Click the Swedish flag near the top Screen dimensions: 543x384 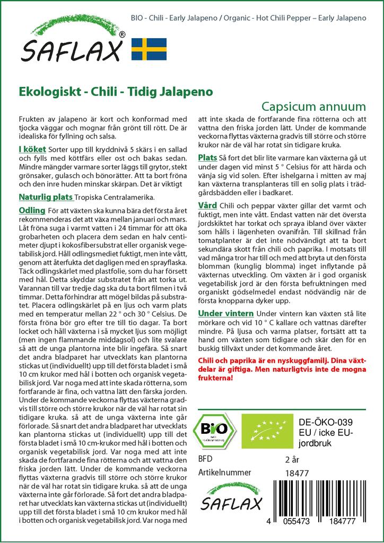click(149, 49)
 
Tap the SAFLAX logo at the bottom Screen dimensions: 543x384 click(232, 500)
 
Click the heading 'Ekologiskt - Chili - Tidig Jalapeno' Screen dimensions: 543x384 click(116, 91)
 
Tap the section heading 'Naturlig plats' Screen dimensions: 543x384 click(45, 197)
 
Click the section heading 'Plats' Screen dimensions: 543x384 click(207, 158)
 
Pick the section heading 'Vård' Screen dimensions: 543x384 click(207, 205)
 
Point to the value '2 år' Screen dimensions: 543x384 click(292, 459)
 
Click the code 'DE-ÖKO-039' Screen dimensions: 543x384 click(321, 422)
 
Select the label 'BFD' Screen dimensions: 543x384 click(205, 459)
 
